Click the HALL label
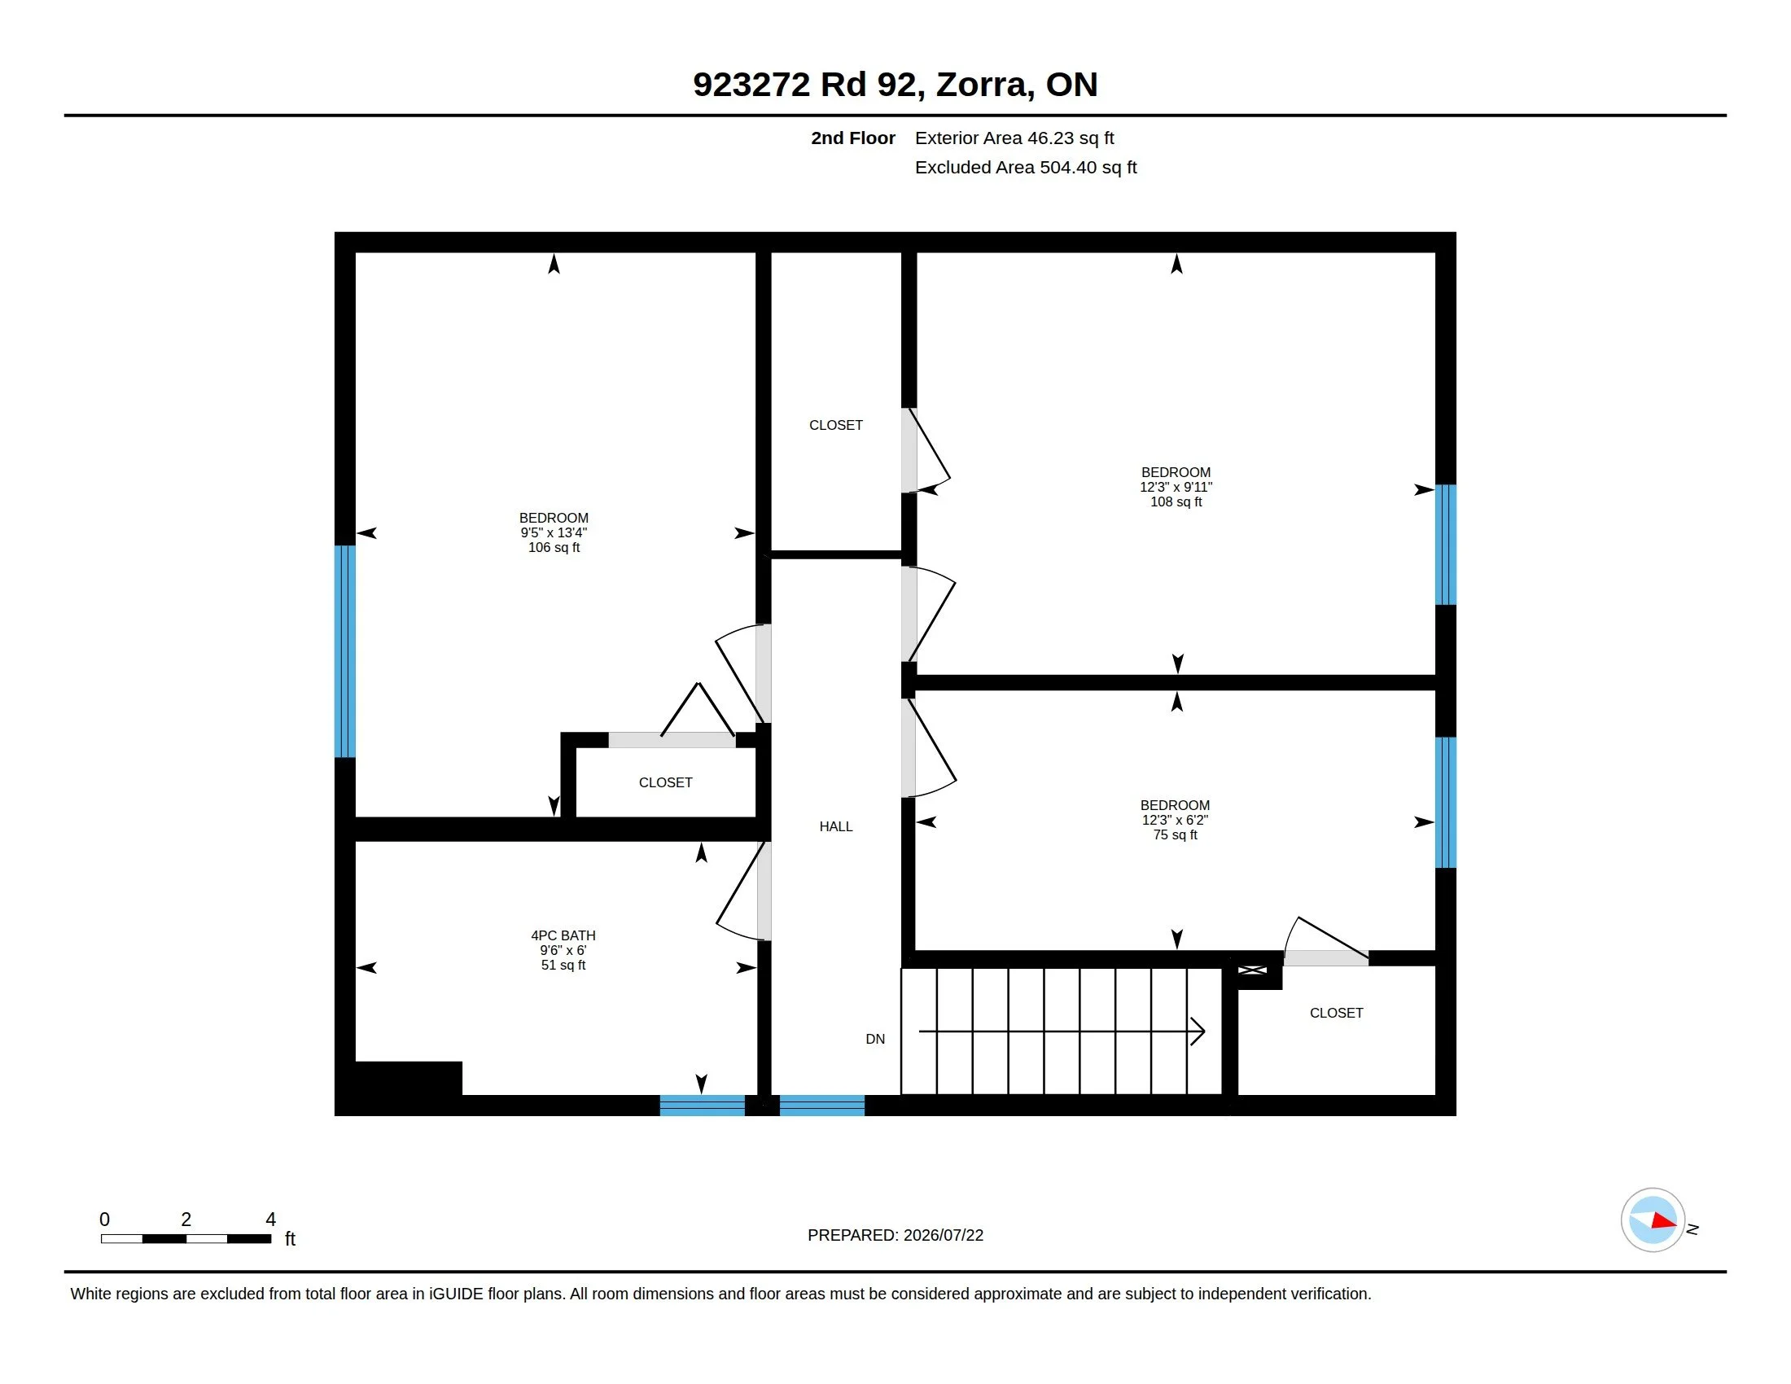point(835,826)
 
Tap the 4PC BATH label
point(563,935)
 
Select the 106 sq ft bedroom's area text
point(554,548)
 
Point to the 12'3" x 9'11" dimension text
point(1176,487)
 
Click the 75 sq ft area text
point(1175,834)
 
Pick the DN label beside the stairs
point(875,1039)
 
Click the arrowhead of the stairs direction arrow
point(1198,1031)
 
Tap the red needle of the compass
point(1664,1221)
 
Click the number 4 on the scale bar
point(270,1220)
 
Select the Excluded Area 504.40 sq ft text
point(1026,167)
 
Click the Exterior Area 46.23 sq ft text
point(1014,138)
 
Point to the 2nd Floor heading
point(853,138)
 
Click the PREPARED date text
point(895,1235)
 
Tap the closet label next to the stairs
point(1337,1013)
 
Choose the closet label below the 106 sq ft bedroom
point(666,782)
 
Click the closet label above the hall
point(835,425)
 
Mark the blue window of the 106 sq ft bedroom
point(345,651)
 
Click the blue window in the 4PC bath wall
point(702,1106)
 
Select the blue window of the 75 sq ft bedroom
point(1446,802)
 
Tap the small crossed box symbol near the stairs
point(1252,970)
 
